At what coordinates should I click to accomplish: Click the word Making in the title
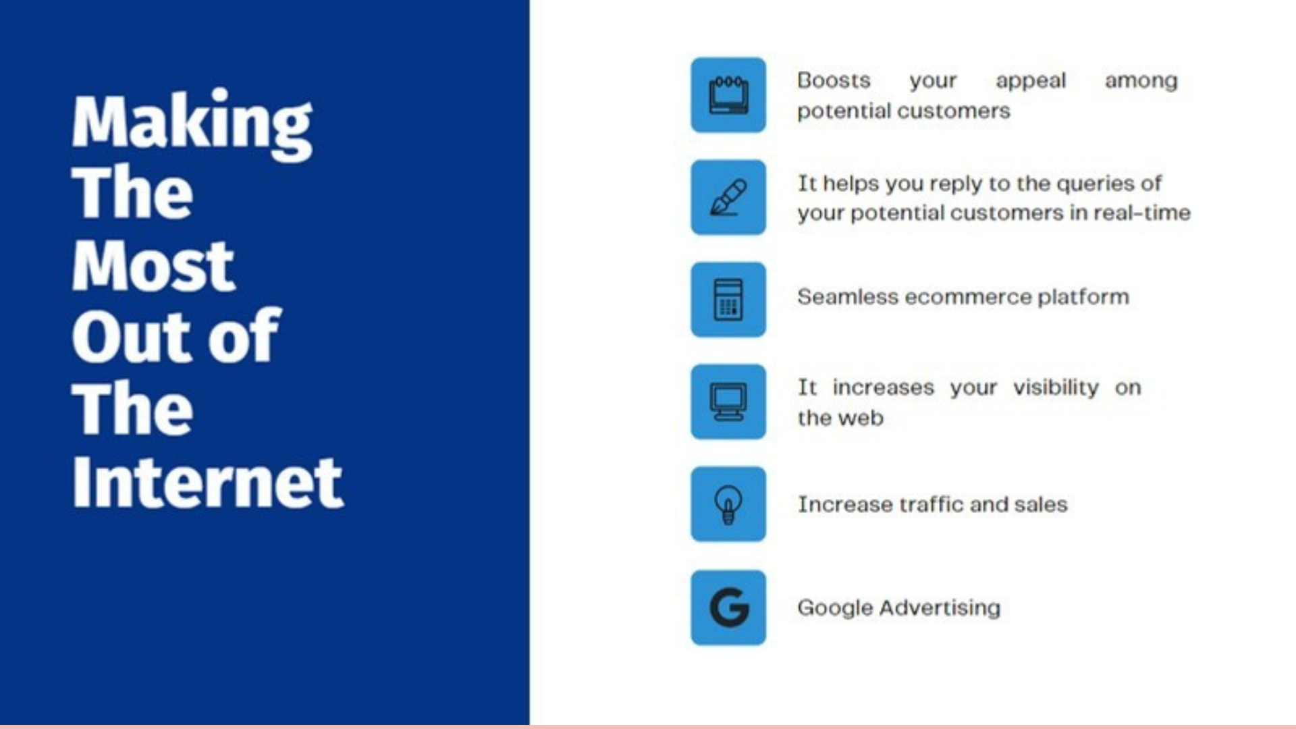[x=192, y=125]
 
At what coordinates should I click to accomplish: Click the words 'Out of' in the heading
[x=176, y=335]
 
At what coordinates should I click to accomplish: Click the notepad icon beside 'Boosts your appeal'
[x=728, y=95]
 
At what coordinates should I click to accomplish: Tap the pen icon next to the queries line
[x=728, y=197]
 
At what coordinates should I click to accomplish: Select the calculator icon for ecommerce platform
[x=728, y=300]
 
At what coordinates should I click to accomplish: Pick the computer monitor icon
[x=728, y=402]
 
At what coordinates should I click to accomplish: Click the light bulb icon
[x=728, y=504]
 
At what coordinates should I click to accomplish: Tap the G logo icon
[x=728, y=607]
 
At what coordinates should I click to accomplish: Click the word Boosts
[x=834, y=80]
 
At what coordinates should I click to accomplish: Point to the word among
[x=1141, y=81]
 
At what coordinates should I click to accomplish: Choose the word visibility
[x=1056, y=387]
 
